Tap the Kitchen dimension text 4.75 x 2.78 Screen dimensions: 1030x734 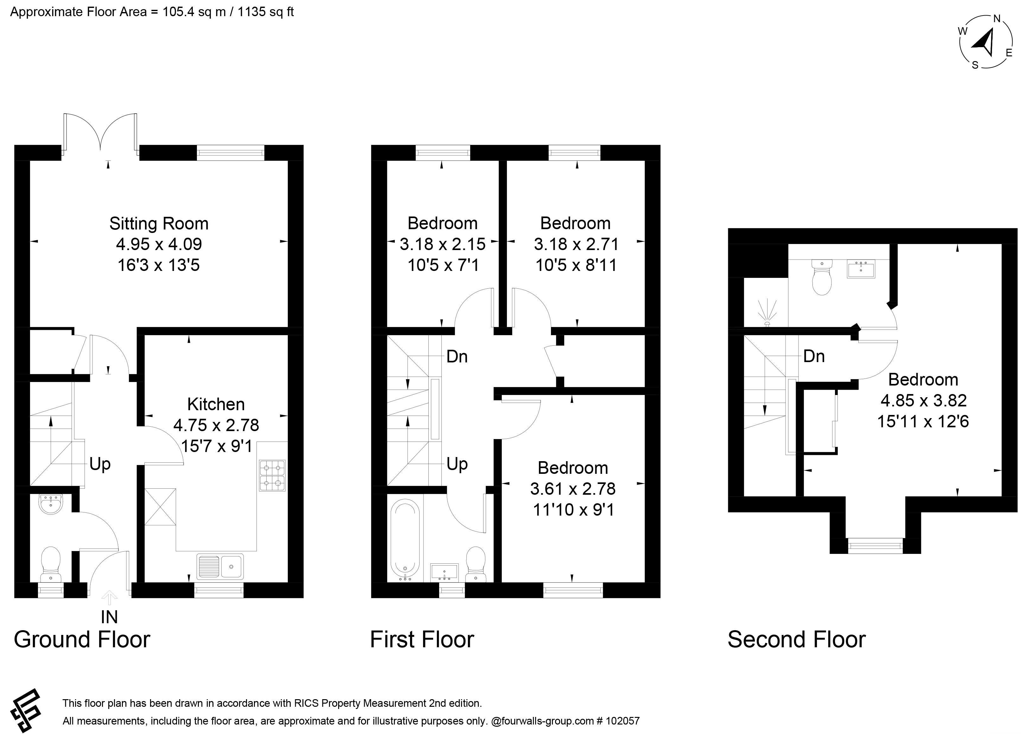[216, 425]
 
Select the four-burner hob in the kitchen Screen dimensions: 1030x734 [272, 475]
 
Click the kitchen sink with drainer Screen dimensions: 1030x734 [220, 566]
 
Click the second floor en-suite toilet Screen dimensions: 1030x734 [822, 277]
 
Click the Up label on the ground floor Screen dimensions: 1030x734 [100, 465]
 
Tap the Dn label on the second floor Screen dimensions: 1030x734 [814, 357]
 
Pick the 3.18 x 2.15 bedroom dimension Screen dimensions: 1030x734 [443, 244]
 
